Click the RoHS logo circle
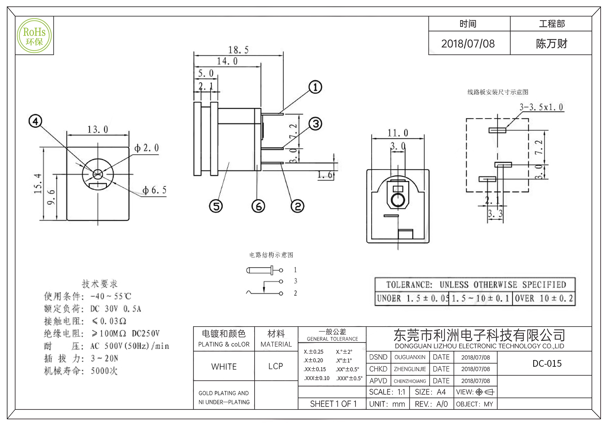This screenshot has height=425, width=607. pos(34,36)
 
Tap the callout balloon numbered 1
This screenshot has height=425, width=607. pos(315,87)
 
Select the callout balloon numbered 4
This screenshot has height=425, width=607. pos(35,121)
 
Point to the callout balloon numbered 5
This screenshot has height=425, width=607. pos(216,206)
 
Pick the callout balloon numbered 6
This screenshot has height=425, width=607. pos(258,206)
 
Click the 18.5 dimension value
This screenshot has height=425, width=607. pos(238,50)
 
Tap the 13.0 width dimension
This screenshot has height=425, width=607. pos(98,130)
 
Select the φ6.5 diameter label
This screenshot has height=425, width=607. pos(154,190)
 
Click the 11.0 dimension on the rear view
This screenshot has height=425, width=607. pos(398,133)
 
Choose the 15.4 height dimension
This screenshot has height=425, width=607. pos(38,183)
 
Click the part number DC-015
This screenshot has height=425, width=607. pos(547,363)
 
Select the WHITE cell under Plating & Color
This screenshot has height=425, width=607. pos(224,366)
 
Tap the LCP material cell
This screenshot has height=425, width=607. pos(276,366)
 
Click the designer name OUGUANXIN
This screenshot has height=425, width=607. pos(410,357)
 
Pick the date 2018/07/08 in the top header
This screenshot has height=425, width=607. pos(468,44)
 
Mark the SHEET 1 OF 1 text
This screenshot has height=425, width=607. pos(333,404)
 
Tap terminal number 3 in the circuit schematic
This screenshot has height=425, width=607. pos(295,281)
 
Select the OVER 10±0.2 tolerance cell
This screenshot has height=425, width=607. pos(544,298)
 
